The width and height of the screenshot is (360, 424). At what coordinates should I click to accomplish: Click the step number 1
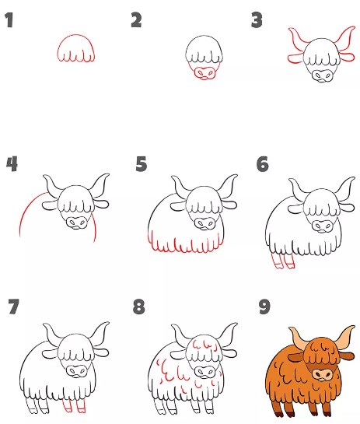click(9, 21)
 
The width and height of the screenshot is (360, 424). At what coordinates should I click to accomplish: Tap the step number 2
click(136, 20)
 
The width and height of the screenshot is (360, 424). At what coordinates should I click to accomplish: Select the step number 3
click(257, 20)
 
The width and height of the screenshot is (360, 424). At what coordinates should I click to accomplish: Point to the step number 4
click(11, 164)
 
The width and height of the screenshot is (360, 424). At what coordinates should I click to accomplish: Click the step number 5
click(141, 164)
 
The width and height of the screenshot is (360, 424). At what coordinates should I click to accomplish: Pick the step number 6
click(262, 164)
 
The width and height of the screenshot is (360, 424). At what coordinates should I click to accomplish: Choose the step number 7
click(12, 307)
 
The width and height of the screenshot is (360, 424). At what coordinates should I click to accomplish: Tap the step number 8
click(139, 307)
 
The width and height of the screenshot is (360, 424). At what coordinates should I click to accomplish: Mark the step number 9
click(264, 307)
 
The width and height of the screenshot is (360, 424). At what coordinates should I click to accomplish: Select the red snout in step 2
click(205, 73)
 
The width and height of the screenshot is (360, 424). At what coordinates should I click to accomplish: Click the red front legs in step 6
click(283, 262)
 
